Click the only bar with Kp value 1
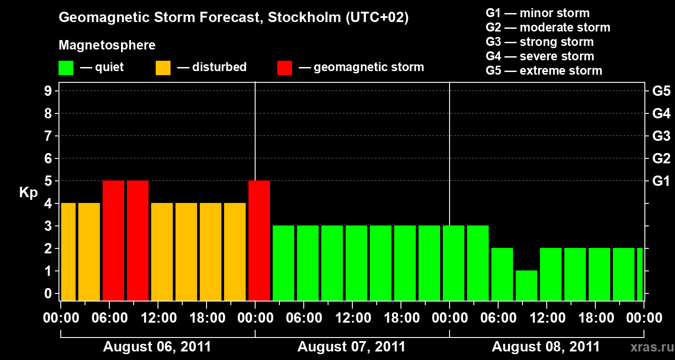[x=526, y=285]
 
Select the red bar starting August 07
[x=259, y=240]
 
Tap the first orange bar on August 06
[x=68, y=252]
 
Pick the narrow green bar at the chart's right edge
[x=640, y=274]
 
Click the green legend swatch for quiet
[x=66, y=67]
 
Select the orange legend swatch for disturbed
[x=163, y=67]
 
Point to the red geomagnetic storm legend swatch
[x=284, y=67]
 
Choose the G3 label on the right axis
[x=661, y=136]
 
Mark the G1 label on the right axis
[x=661, y=181]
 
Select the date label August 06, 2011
[x=157, y=347]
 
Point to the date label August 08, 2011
[x=545, y=347]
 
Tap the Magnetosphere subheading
[x=107, y=45]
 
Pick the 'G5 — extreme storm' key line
[x=544, y=71]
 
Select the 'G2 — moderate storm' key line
[x=548, y=27]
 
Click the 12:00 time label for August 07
[x=353, y=318]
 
